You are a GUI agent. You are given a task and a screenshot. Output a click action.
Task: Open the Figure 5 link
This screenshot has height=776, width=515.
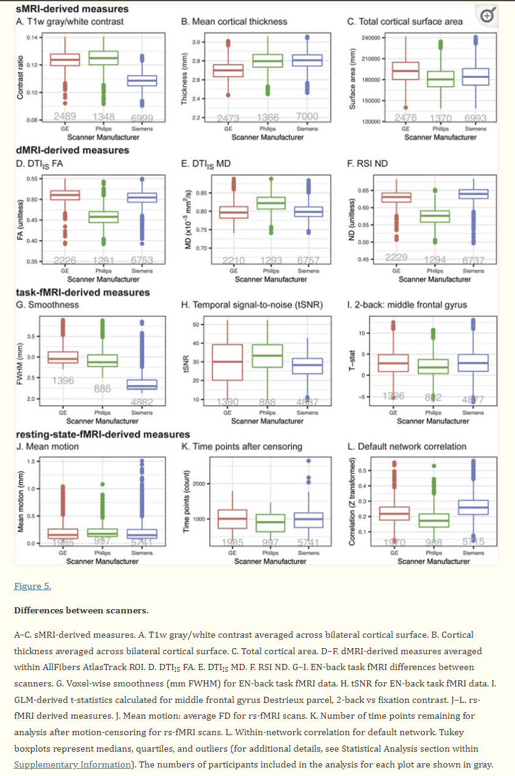[x=32, y=586]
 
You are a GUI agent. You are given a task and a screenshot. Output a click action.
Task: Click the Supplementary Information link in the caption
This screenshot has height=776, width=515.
[x=72, y=764]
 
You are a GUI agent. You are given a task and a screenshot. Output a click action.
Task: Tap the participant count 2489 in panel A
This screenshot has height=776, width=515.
[x=64, y=116]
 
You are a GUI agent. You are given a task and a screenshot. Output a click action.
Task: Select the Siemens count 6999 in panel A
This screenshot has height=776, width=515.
[x=142, y=117]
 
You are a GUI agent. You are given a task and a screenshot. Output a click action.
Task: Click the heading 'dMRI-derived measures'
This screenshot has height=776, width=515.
[x=64, y=150]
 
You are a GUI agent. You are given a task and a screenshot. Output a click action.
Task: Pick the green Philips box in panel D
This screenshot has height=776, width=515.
[x=103, y=217]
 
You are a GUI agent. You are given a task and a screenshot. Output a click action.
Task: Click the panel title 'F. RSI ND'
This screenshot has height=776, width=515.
[x=367, y=163]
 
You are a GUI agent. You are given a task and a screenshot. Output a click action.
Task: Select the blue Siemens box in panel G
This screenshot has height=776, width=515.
[x=142, y=384]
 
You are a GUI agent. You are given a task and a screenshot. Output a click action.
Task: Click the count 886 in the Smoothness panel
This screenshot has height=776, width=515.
[x=103, y=389]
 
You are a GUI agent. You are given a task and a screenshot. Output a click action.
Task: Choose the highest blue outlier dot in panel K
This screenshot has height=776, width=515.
[x=308, y=460]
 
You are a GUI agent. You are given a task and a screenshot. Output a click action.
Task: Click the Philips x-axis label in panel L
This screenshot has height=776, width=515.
[x=433, y=553]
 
